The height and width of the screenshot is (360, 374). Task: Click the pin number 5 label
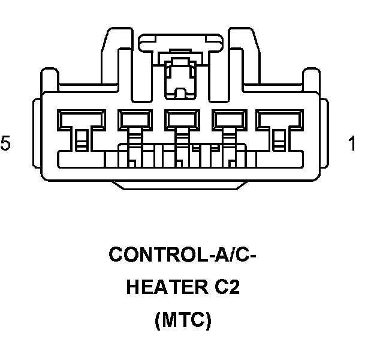pyautogui.click(x=6, y=144)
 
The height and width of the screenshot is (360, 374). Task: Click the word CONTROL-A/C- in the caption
pyautogui.click(x=182, y=255)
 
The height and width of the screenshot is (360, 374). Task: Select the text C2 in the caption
pyautogui.click(x=226, y=288)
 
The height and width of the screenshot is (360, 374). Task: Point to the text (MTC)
pyautogui.click(x=183, y=321)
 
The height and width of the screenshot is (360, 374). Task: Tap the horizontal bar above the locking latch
pyautogui.click(x=179, y=42)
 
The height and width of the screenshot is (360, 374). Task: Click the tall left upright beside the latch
pyautogui.click(x=117, y=60)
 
